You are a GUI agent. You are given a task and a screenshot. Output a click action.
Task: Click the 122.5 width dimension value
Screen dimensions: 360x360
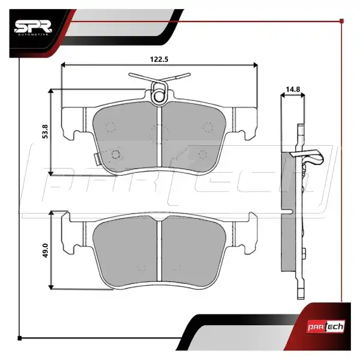pyautogui.click(x=159, y=59)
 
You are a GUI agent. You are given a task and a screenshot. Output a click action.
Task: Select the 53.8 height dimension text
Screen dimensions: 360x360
pyautogui.click(x=45, y=131)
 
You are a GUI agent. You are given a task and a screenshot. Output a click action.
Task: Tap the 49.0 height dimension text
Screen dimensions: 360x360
pyautogui.click(x=45, y=250)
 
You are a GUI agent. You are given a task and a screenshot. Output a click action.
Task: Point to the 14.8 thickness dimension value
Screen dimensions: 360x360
pyautogui.click(x=293, y=89)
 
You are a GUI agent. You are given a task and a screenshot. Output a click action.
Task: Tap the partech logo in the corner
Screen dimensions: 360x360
pyautogui.click(x=326, y=326)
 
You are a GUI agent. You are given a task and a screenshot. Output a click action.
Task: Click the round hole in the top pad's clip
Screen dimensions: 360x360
pyautogui.click(x=158, y=96)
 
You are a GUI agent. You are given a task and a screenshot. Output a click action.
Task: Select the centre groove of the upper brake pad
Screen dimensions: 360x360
pyautogui.click(x=160, y=136)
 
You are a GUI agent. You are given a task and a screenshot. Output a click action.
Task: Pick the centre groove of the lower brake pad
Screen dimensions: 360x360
pyautogui.click(x=160, y=250)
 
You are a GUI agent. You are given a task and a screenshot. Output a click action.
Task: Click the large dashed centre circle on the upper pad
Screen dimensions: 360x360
pyautogui.click(x=159, y=134)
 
